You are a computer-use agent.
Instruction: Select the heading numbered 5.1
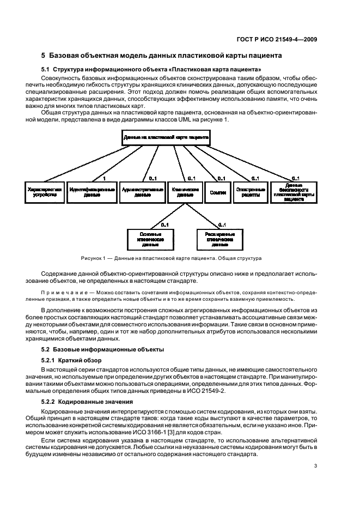pos(151,69)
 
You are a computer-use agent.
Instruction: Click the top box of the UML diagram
pos(166,138)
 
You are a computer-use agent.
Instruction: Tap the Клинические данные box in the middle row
pos(183,192)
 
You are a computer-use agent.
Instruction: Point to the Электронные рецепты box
pos(250,192)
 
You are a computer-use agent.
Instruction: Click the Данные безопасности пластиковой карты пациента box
pos(294,192)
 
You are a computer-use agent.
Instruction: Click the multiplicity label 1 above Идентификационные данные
pos(103,178)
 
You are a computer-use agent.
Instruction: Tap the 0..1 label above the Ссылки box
pos(221,178)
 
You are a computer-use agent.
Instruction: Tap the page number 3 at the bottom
pos(315,465)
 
